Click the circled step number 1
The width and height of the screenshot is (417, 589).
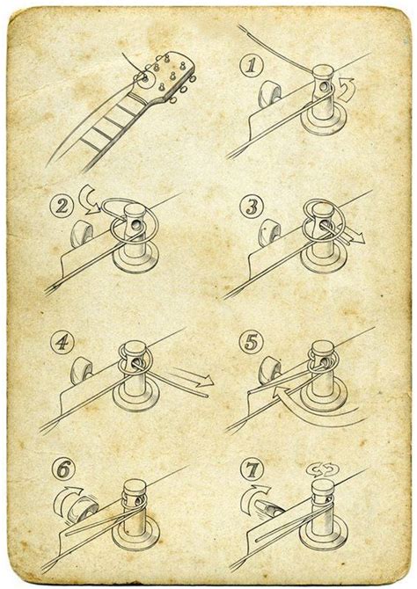[x=252, y=66]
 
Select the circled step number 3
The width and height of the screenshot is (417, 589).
[x=252, y=207]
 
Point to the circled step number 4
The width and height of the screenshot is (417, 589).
[x=62, y=342]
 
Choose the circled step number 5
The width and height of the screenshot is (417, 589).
[x=252, y=342]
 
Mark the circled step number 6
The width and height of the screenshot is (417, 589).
[x=63, y=469]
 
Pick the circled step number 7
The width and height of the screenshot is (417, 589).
[x=252, y=469]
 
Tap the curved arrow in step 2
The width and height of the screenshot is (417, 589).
[x=89, y=199]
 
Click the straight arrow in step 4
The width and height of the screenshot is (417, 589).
[x=192, y=377]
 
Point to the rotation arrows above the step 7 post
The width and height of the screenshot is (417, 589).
[x=323, y=469]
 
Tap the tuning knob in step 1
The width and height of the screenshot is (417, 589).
[x=269, y=93]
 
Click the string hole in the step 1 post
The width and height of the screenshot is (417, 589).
[x=323, y=88]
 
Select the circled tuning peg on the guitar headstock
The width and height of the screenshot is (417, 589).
[x=145, y=79]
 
